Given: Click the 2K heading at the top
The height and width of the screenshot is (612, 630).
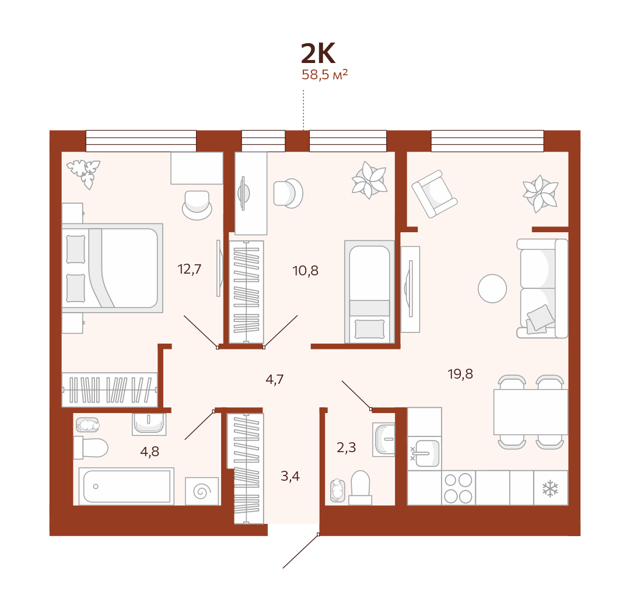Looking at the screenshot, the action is (318, 54).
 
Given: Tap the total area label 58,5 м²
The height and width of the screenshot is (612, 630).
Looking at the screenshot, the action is (324, 75).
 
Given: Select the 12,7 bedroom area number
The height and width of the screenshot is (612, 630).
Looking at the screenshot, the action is (189, 269).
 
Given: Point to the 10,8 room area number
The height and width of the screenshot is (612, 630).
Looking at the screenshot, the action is (305, 271).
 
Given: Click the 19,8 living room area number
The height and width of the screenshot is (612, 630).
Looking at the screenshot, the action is (460, 374).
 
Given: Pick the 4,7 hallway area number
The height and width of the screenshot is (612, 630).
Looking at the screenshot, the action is (274, 379).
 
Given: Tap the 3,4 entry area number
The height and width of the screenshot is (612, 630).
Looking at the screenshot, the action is (290, 476).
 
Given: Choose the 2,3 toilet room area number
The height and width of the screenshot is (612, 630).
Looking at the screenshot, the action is (346, 447).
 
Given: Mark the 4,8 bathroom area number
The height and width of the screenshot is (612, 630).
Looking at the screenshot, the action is (149, 452).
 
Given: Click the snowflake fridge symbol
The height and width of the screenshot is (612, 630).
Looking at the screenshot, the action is (550, 489).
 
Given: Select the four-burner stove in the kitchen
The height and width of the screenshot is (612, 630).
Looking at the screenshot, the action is (458, 488).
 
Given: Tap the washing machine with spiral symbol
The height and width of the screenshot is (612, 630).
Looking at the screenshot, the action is (202, 491).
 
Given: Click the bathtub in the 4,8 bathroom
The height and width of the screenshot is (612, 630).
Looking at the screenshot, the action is (127, 486).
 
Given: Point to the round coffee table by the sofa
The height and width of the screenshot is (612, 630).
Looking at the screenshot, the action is (492, 289).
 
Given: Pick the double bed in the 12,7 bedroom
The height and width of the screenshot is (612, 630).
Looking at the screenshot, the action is (113, 268).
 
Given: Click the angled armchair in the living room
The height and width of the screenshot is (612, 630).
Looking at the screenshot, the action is (435, 194).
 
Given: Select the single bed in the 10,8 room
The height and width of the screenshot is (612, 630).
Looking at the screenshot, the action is (369, 292).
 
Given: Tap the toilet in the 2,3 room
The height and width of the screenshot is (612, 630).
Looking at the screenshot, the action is (360, 487).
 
